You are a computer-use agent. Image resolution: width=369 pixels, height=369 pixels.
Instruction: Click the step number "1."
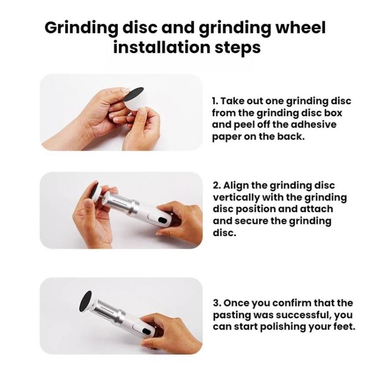point(215,101)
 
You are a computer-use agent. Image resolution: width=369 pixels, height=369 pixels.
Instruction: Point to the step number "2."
point(216,185)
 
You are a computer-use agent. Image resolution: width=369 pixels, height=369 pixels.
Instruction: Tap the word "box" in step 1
point(342,113)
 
